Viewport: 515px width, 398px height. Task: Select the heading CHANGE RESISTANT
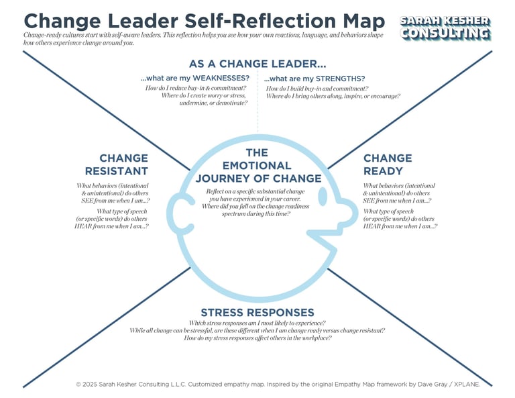(123, 164)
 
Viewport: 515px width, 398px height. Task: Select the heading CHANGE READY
(388, 164)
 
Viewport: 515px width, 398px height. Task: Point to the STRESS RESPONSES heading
(257, 312)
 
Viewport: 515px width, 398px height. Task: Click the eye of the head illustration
(323, 196)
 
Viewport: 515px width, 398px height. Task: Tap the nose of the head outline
(348, 213)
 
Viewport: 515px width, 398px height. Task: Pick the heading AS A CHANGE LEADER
(257, 64)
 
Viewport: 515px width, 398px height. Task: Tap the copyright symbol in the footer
(78, 385)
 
